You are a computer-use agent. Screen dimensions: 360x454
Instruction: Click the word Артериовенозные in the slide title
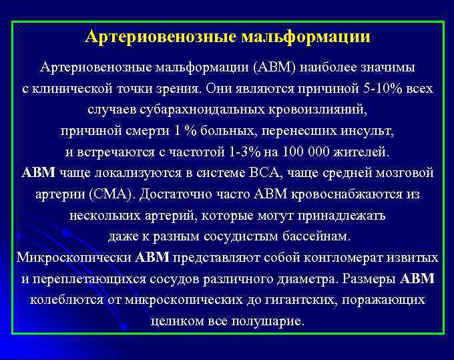click(x=159, y=37)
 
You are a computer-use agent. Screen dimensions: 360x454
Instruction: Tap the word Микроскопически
click(x=74, y=257)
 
